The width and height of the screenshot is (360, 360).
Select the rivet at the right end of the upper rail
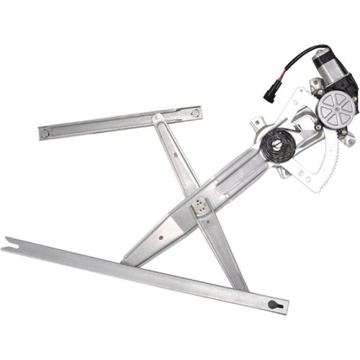tap(194, 112)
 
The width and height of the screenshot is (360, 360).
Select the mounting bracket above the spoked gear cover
tap(316, 86)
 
